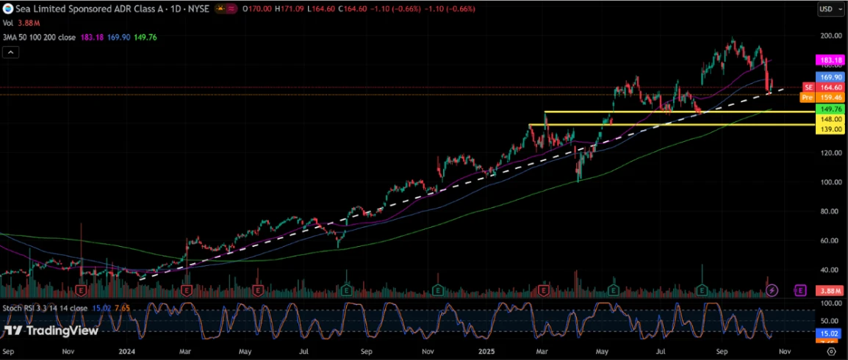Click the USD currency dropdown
[x=830, y=9]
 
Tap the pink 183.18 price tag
[x=830, y=60]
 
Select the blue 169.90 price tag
[x=830, y=76]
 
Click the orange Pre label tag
[x=807, y=96]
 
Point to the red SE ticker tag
[x=808, y=87]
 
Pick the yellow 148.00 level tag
[x=830, y=119]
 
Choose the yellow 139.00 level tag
[x=830, y=129]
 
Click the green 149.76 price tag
[x=830, y=109]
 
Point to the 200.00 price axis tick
[x=831, y=35]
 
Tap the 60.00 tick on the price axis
[x=831, y=241]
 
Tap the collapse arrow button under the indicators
[x=10, y=52]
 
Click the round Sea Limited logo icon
[x=8, y=8]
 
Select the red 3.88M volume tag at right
[x=830, y=292]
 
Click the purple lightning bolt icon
[x=772, y=291]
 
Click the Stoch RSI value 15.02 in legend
[x=98, y=308]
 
